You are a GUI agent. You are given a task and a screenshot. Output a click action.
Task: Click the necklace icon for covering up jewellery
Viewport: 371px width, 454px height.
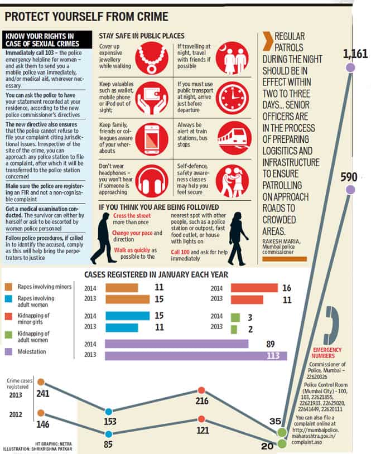click(152, 58)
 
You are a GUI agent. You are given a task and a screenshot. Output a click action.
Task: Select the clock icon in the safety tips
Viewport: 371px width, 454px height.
click(232, 98)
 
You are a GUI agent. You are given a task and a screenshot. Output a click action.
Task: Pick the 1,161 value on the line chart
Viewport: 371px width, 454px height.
click(355, 54)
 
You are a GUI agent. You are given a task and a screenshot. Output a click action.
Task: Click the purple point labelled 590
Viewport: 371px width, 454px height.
click(350, 190)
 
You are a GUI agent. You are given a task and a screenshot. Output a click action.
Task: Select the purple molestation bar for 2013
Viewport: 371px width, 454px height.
click(196, 355)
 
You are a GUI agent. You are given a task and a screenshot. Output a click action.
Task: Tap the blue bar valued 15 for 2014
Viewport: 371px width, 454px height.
click(127, 316)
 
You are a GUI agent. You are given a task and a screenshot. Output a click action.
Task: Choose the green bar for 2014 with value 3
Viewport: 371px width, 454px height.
click(235, 317)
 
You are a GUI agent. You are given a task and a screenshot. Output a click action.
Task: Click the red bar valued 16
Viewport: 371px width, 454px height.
click(254, 287)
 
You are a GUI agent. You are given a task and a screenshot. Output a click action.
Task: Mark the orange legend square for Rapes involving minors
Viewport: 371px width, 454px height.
click(9, 287)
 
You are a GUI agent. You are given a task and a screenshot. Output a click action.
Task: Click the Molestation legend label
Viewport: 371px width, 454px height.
click(32, 351)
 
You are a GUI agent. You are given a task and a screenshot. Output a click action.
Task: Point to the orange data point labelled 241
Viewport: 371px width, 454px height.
click(41, 382)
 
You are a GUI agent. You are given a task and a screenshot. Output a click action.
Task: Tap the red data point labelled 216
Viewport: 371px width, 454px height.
click(201, 390)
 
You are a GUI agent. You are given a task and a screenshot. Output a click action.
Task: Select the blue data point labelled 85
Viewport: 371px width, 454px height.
click(109, 434)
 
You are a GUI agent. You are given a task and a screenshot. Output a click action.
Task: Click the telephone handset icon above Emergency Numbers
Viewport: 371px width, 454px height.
click(331, 325)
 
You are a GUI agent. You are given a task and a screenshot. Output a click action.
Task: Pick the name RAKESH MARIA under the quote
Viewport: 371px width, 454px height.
click(281, 241)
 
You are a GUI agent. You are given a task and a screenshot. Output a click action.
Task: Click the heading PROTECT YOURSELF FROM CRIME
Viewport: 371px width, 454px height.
click(86, 17)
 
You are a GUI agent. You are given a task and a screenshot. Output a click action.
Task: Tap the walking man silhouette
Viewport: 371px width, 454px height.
click(103, 238)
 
